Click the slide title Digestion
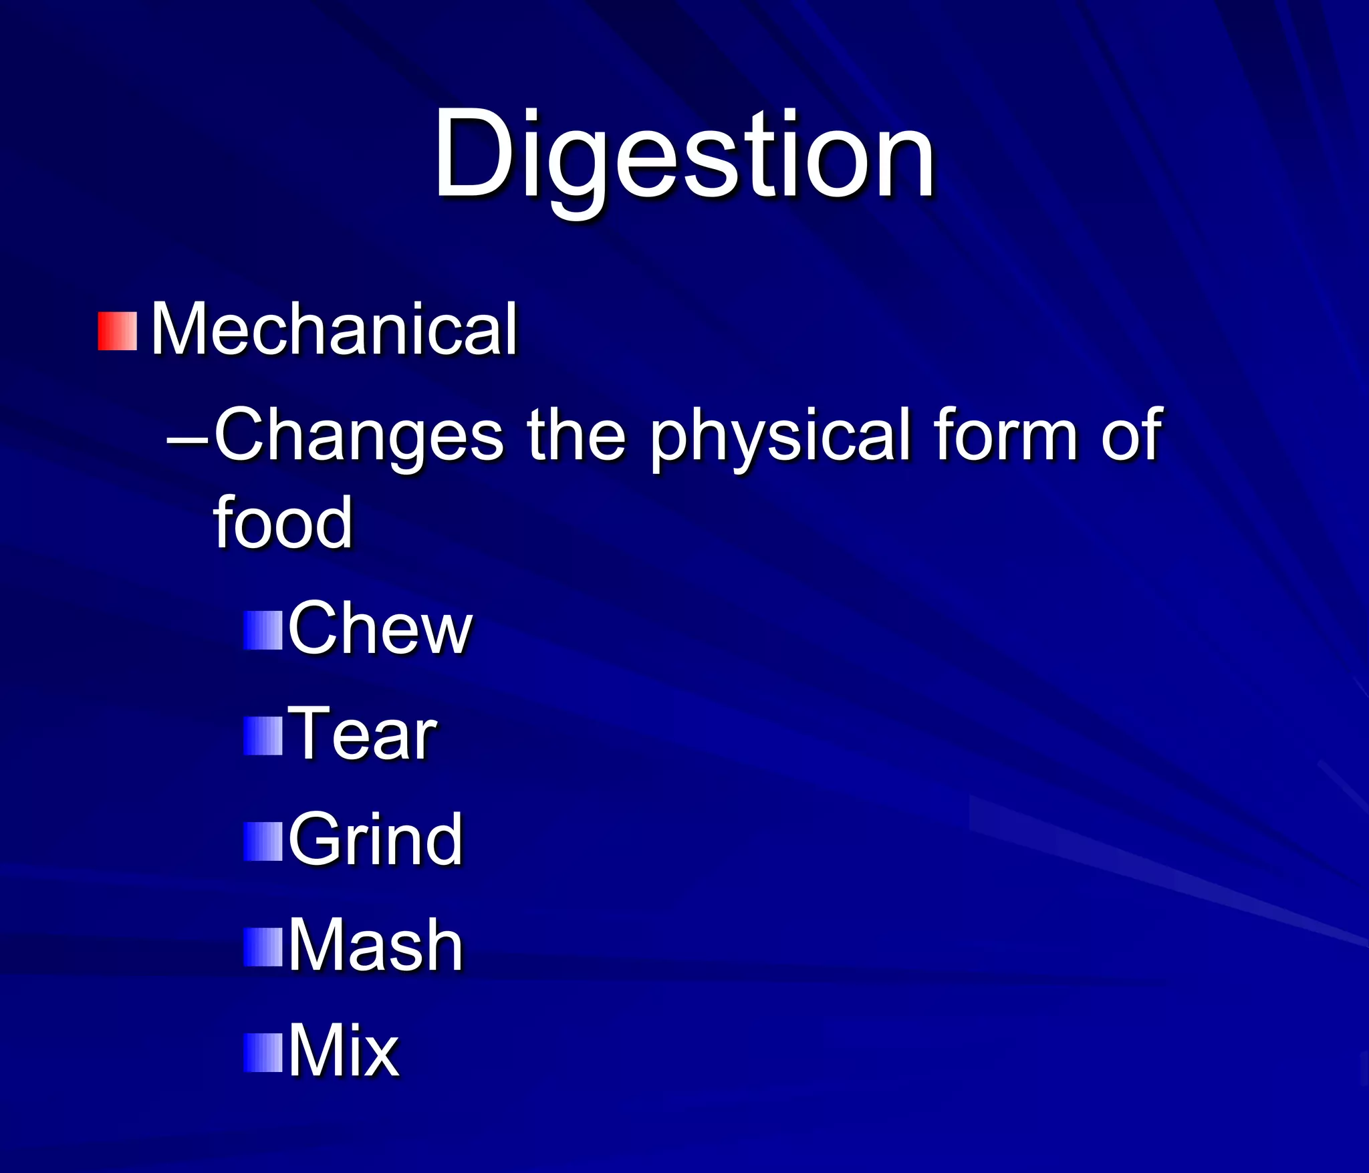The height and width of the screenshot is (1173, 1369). tap(683, 155)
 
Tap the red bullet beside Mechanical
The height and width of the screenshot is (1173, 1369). tap(118, 331)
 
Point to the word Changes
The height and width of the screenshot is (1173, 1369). tap(359, 436)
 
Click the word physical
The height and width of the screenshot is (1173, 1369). tap(781, 436)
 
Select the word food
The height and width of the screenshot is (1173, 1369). tap(282, 523)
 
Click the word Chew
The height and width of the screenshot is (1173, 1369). tap(380, 628)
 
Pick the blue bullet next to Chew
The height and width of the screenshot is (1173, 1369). tap(263, 630)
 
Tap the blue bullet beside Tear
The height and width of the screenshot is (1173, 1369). tap(263, 736)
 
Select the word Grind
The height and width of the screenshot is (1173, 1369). tap(375, 839)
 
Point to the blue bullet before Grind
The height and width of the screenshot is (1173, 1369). tap(263, 841)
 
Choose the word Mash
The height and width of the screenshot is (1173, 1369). tap(375, 945)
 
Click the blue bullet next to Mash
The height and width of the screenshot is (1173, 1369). tap(263, 947)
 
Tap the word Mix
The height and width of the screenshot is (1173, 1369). tap(344, 1051)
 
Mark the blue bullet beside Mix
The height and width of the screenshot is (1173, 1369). tap(263, 1053)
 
